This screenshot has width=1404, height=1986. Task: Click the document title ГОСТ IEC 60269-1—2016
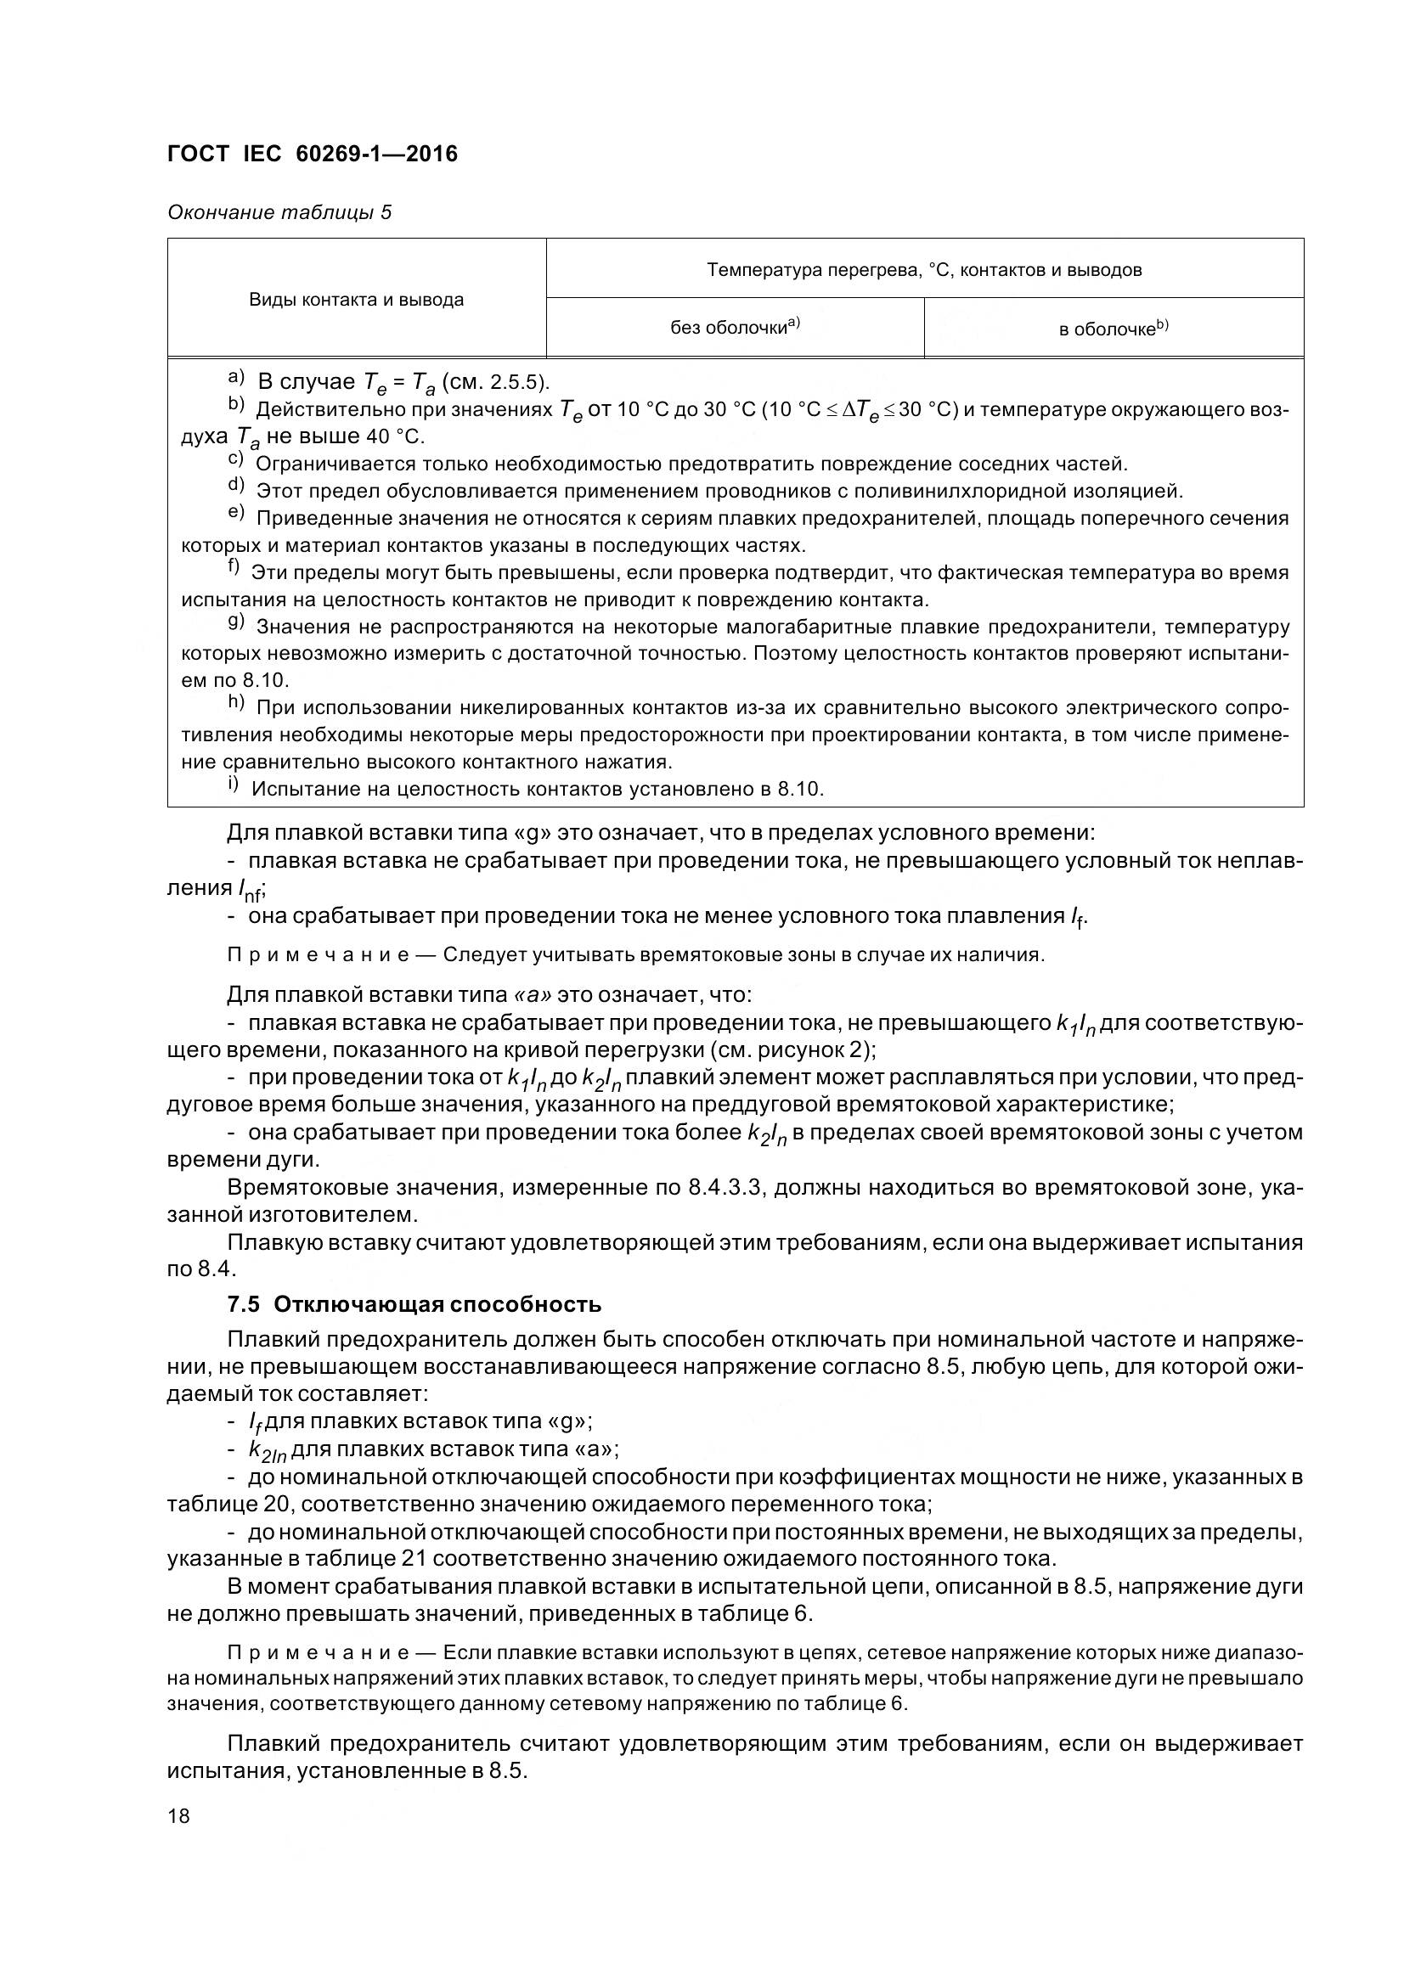tap(313, 154)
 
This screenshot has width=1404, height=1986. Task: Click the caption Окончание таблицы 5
tap(279, 212)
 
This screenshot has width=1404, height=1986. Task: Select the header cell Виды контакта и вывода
tap(357, 300)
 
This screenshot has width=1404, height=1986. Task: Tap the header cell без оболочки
tap(735, 327)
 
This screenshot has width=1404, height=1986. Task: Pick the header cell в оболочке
tap(1114, 329)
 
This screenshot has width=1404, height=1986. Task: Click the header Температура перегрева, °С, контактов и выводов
tap(924, 270)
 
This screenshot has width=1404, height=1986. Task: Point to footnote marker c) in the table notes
tap(235, 462)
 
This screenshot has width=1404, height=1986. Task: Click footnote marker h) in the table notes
tap(236, 703)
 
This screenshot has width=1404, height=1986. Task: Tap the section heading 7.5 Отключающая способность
tap(414, 1303)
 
